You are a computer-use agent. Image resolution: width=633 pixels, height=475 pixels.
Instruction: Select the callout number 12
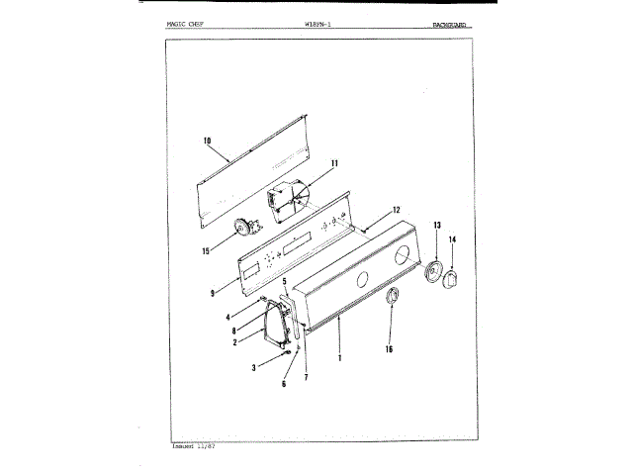pos(396,210)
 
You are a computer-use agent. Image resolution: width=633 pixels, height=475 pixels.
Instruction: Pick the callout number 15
pos(205,251)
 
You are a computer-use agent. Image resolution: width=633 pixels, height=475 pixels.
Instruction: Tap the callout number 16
pos(389,348)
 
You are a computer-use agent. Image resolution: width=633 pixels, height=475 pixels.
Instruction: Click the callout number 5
pos(285,282)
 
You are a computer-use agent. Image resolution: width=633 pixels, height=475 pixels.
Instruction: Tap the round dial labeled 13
pos(432,272)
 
